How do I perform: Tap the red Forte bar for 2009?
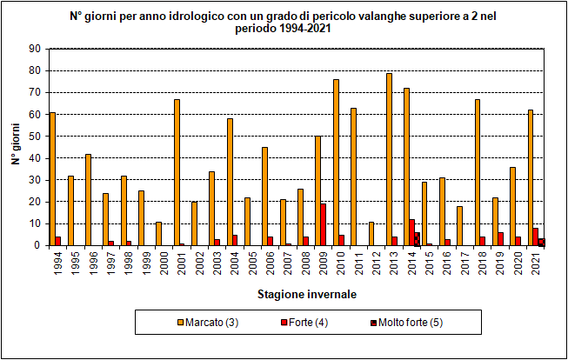(x=323, y=224)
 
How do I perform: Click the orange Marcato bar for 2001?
(x=177, y=172)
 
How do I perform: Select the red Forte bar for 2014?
(x=412, y=232)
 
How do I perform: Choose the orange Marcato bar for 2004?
(x=230, y=182)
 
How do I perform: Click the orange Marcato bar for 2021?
(x=531, y=177)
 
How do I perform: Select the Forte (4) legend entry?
(x=304, y=323)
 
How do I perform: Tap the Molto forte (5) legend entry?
(x=398, y=323)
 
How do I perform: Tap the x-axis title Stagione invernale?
(x=306, y=294)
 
